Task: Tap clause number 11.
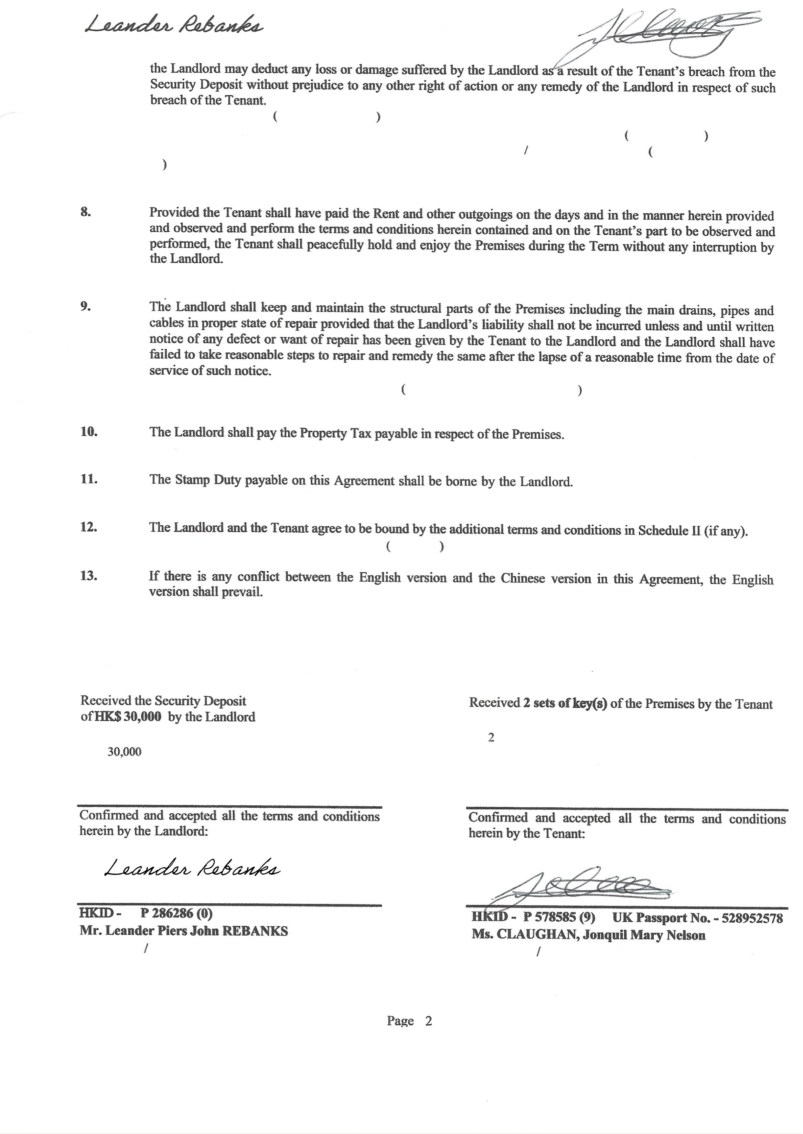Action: [x=89, y=479]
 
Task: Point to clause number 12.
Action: [x=89, y=527]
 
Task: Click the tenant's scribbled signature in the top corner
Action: [x=668, y=37]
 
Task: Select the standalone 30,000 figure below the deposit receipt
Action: [x=124, y=752]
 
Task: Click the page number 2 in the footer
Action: [x=428, y=1021]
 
